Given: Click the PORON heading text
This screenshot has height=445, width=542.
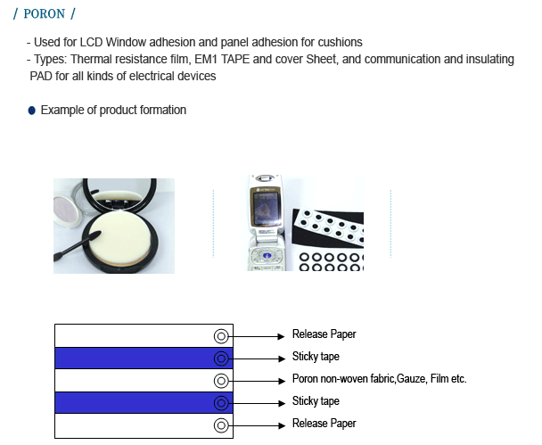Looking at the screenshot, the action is tap(44, 14).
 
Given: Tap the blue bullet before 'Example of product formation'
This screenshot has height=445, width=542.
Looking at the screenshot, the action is tap(31, 111).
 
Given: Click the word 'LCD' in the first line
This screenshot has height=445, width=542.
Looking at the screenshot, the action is tap(91, 42).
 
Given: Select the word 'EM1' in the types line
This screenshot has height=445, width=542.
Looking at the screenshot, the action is tap(206, 59).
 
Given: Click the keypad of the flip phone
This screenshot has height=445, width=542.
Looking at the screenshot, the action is tap(267, 258).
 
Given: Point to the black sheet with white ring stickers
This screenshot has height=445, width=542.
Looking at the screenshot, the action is tap(328, 227).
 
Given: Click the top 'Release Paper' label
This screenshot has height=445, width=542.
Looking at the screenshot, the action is tap(324, 334).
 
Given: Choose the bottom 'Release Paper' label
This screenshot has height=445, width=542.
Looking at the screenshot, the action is tap(324, 424).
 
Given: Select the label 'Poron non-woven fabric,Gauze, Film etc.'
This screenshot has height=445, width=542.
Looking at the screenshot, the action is tap(379, 379).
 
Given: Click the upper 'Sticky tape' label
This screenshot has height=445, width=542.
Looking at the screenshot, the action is tap(316, 357).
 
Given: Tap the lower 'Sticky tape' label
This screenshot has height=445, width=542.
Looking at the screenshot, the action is tap(316, 401).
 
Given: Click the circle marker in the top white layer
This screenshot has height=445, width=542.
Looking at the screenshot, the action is tap(221, 336).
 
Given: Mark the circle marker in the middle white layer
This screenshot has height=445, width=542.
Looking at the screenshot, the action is tap(221, 381).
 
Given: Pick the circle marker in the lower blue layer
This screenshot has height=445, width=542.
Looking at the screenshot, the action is tap(221, 403).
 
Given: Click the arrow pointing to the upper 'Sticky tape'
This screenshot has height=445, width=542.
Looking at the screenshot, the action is tap(257, 358).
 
